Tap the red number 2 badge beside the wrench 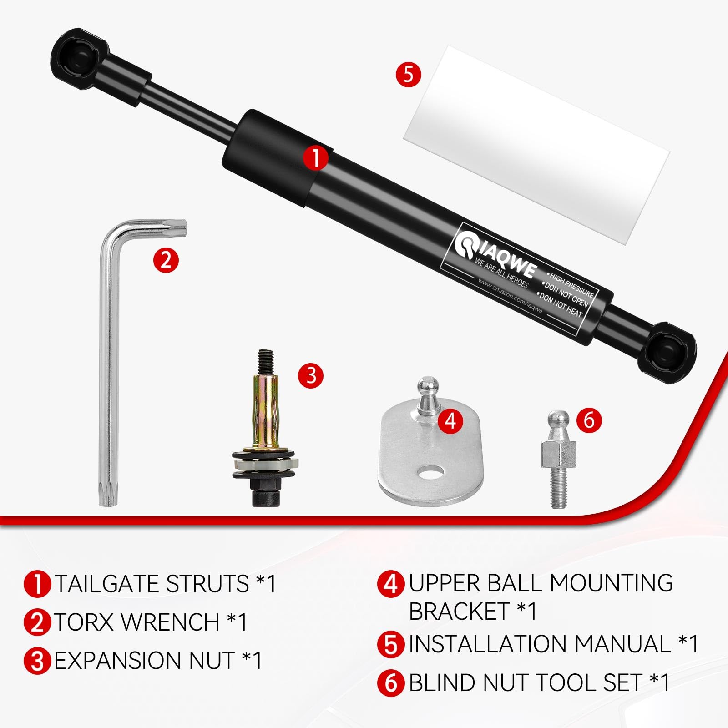[166, 260]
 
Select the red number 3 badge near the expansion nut [311, 375]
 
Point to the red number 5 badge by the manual [408, 74]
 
